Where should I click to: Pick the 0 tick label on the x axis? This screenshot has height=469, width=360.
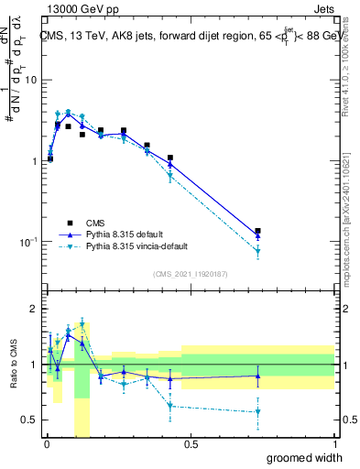46,445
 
